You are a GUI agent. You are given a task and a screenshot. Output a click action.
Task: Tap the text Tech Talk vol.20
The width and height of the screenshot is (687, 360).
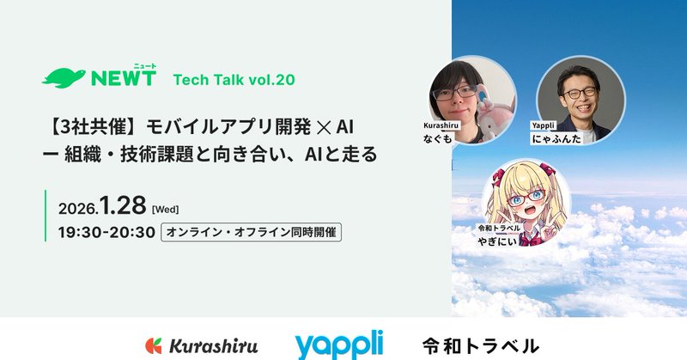pos(234,80)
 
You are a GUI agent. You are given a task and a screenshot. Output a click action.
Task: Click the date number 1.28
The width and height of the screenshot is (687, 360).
pos(123,207)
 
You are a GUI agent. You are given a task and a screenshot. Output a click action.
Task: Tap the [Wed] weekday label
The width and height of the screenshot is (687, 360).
pos(165,210)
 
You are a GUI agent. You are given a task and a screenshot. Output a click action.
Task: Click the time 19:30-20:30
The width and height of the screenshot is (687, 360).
pos(106,232)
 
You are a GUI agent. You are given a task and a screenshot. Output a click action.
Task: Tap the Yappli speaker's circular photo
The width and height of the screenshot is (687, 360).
pos(574,99)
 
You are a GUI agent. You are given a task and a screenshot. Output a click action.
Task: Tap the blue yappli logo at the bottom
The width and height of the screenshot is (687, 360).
pos(338,345)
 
